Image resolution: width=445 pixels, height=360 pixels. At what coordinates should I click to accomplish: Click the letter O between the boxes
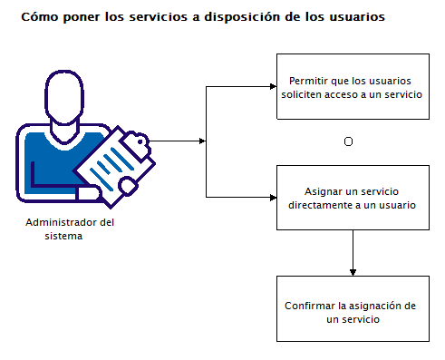click(349, 142)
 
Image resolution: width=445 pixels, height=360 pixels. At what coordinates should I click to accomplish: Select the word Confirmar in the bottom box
click(308, 306)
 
